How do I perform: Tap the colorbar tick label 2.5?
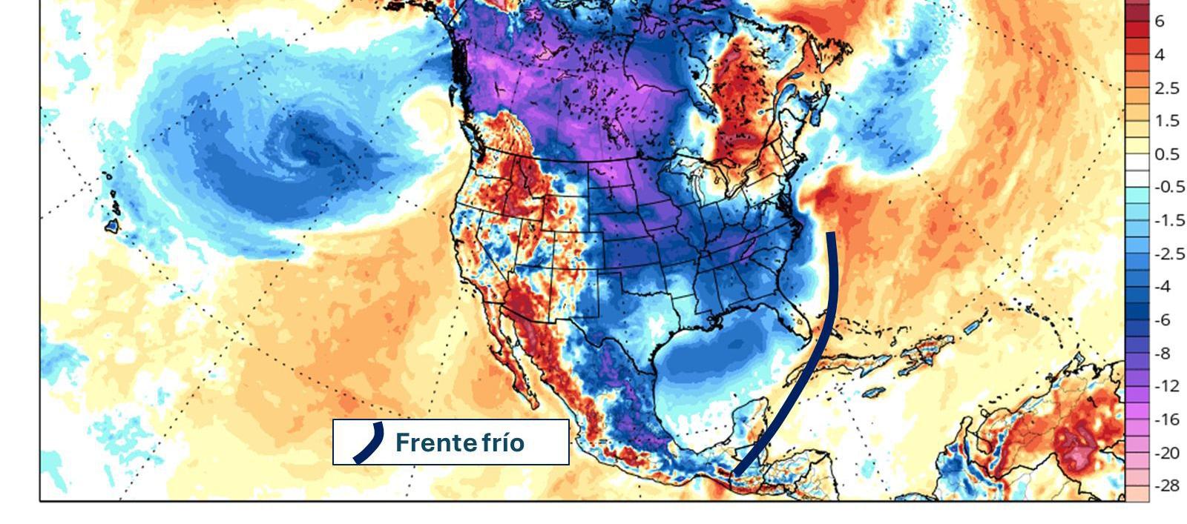[x=1166, y=88]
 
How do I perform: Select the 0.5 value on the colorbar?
[x=1166, y=154]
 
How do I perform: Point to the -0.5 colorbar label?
[x=1169, y=187]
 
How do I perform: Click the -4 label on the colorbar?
[x=1163, y=286]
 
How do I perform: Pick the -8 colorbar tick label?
[x=1163, y=353]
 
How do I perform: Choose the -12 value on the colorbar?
[x=1166, y=386]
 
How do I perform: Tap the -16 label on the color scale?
[x=1166, y=419]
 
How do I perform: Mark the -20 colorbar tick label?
[x=1166, y=452]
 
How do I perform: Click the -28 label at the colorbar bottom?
[x=1166, y=485]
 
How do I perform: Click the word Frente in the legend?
[x=436, y=442]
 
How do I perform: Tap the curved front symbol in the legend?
[x=369, y=442]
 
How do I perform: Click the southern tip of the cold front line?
[x=736, y=473]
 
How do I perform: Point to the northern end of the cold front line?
[x=831, y=234]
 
